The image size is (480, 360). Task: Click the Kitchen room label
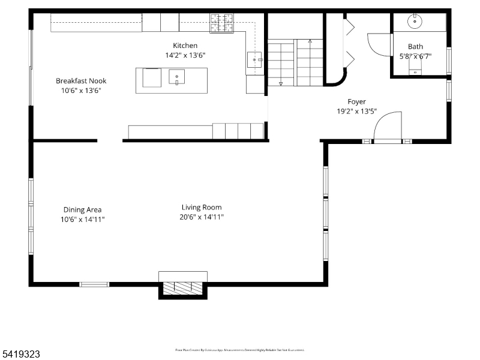[185, 46]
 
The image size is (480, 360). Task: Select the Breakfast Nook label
[81, 81]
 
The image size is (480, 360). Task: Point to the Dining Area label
[82, 210]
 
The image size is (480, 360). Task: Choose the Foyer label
[356, 102]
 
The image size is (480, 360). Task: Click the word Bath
[415, 46]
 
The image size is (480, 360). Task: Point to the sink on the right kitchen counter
[254, 60]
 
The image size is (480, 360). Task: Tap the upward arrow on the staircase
[310, 42]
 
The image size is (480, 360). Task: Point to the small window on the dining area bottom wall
[94, 284]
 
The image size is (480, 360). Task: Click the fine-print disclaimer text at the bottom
[239, 350]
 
